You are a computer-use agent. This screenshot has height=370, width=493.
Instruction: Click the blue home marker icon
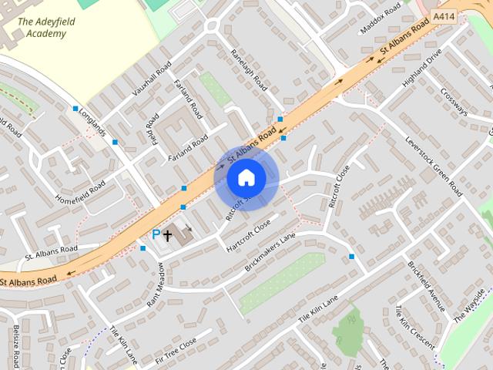[x=246, y=178]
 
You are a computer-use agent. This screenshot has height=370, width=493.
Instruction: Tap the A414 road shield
[x=443, y=15]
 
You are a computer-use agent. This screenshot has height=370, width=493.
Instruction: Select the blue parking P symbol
[x=156, y=234]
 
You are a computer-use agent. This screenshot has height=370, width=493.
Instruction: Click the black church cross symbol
[x=168, y=234]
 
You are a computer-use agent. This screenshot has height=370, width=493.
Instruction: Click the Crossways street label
[x=454, y=100]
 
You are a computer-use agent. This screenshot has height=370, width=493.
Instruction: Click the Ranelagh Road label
[x=248, y=69]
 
